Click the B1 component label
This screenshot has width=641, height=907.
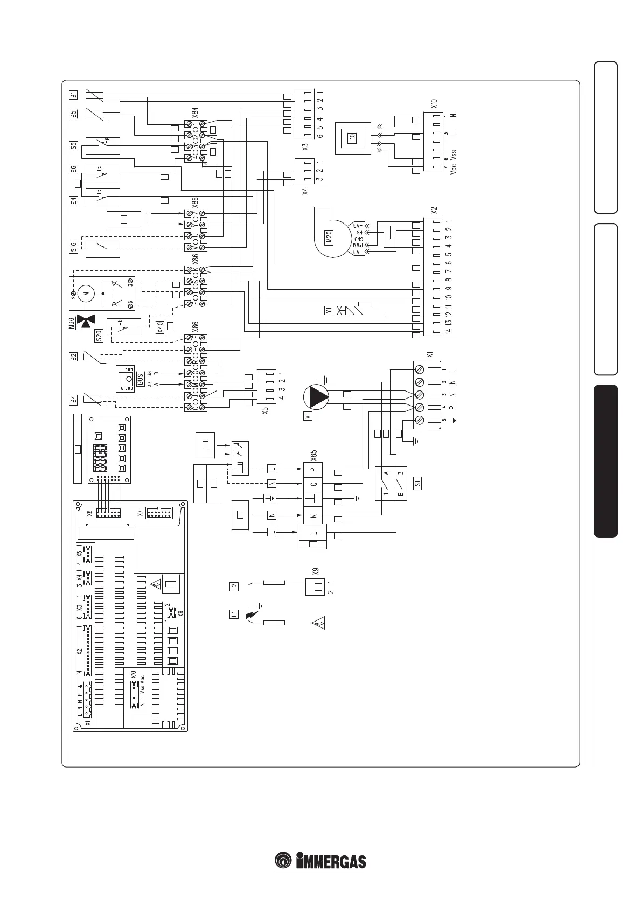pyautogui.click(x=74, y=95)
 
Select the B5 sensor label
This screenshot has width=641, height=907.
pyautogui.click(x=74, y=114)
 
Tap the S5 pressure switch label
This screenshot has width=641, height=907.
pyautogui.click(x=74, y=145)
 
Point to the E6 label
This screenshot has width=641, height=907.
pyautogui.click(x=74, y=169)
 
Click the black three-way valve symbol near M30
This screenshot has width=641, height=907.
pyautogui.click(x=84, y=321)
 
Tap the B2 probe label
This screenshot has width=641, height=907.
pyautogui.click(x=74, y=355)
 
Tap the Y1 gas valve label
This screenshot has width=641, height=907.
pyautogui.click(x=328, y=310)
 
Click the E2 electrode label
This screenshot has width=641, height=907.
pyautogui.click(x=234, y=587)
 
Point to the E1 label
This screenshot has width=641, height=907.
pyautogui.click(x=234, y=614)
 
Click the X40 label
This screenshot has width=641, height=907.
pyautogui.click(x=159, y=327)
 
